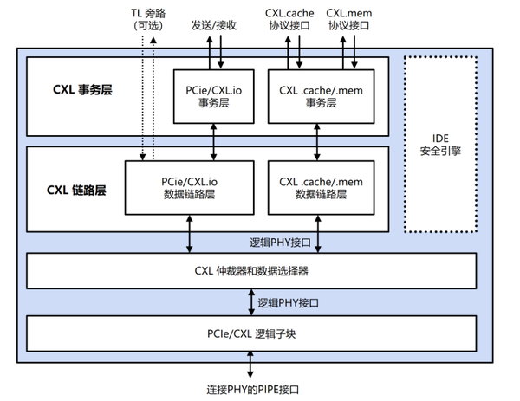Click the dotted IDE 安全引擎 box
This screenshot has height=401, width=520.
tap(440, 145)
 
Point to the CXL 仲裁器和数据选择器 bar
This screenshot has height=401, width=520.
tap(252, 271)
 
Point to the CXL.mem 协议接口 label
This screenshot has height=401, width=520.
tap(352, 19)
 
